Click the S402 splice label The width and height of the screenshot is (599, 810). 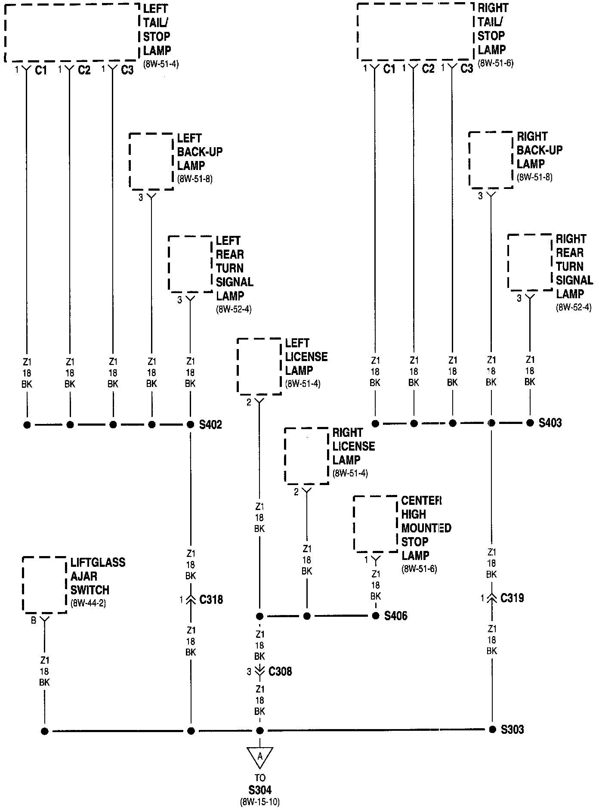tap(210, 425)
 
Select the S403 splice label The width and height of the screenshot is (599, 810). tap(550, 423)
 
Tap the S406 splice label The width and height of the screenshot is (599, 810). tap(395, 616)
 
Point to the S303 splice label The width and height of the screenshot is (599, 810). tap(512, 730)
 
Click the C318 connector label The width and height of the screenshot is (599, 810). tap(211, 600)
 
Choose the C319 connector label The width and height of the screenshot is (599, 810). tap(512, 598)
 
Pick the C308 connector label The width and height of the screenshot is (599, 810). tap(280, 671)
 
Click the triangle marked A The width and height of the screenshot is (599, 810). tap(259, 758)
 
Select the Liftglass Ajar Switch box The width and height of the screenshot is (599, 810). tap(44, 584)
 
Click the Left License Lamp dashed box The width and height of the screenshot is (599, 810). tap(259, 366)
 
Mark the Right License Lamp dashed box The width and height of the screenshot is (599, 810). tap(306, 455)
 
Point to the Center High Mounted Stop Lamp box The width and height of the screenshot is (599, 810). tap(375, 524)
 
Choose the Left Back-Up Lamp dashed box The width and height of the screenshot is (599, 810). tap(151, 161)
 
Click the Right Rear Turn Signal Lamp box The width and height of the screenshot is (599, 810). tap(530, 262)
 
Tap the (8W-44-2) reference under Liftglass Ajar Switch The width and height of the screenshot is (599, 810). tap(88, 603)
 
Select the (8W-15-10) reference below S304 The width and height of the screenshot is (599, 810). tap(260, 802)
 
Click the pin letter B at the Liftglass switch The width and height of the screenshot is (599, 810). tap(34, 621)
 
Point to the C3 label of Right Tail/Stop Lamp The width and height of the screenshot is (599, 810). tap(467, 68)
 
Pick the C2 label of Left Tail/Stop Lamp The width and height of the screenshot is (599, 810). tap(84, 70)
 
